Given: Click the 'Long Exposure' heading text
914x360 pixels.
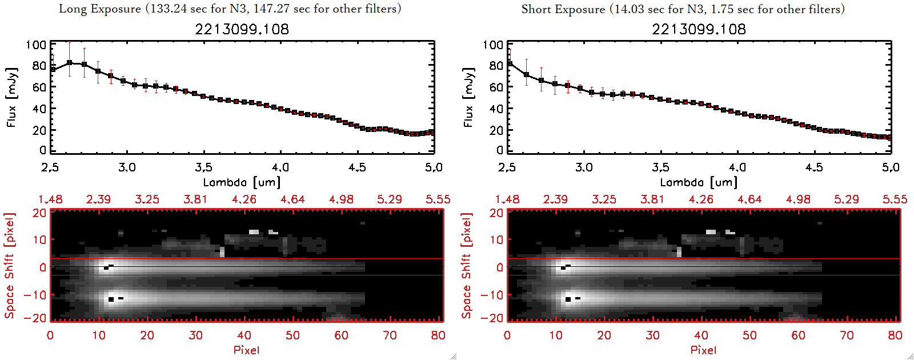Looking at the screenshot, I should pyautogui.click(x=100, y=9).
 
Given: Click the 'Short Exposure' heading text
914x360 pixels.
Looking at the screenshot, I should pyautogui.click(x=563, y=9).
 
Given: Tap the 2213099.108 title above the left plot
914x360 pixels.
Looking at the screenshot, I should pyautogui.click(x=242, y=29).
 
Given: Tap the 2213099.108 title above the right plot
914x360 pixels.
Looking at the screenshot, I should pyautogui.click(x=699, y=29).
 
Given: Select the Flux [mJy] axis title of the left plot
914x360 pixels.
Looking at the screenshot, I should pyautogui.click(x=12, y=97).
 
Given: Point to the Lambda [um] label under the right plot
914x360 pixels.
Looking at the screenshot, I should pyautogui.click(x=699, y=182).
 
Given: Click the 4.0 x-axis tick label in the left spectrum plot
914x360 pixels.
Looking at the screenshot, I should pyautogui.click(x=280, y=167).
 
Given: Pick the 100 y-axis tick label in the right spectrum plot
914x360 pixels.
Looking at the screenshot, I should pyautogui.click(x=492, y=45).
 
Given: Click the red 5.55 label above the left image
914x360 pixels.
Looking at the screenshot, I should pyautogui.click(x=438, y=199).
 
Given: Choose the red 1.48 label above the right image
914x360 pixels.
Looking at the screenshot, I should pyautogui.click(x=507, y=199).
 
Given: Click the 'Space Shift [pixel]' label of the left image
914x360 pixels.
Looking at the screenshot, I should pyautogui.click(x=10, y=266).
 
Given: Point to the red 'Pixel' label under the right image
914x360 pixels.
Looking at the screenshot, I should pyautogui.click(x=703, y=350).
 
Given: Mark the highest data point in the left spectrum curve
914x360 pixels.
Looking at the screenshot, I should pyautogui.click(x=69, y=63).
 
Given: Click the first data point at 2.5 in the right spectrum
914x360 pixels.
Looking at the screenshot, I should pyautogui.click(x=509, y=63).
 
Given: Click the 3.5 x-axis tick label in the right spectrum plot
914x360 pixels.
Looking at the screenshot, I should pyautogui.click(x=660, y=167).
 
